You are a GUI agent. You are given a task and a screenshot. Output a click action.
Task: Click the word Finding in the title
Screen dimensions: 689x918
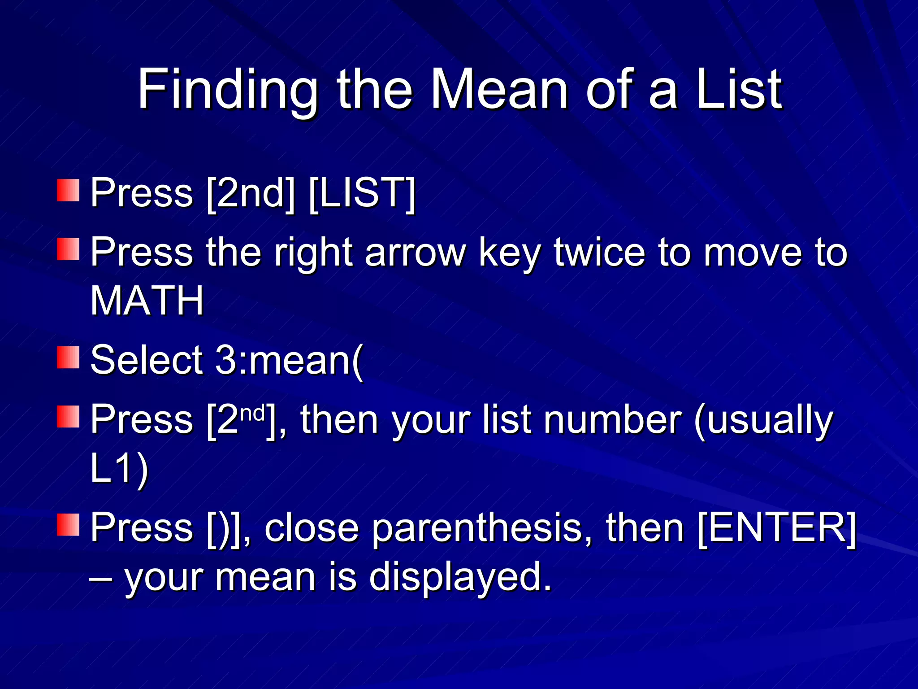click(x=227, y=90)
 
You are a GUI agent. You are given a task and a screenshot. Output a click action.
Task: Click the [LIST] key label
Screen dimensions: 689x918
click(x=362, y=193)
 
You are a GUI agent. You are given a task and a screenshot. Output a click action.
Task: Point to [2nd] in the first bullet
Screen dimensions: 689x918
click(x=251, y=193)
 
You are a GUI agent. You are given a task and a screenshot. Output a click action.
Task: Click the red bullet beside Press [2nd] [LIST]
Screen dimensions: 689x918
click(x=68, y=191)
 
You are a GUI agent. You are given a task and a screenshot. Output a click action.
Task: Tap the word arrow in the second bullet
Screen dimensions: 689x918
click(x=415, y=252)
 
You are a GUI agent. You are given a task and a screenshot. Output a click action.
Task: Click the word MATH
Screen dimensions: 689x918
click(x=147, y=301)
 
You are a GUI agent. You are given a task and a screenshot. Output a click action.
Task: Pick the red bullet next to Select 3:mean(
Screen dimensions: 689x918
click(x=68, y=358)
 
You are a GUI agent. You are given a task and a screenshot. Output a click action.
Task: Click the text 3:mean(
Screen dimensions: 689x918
click(x=289, y=360)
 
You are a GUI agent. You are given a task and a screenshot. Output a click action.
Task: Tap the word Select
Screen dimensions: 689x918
click(x=147, y=360)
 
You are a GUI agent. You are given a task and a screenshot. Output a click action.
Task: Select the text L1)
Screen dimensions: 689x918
click(x=119, y=468)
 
